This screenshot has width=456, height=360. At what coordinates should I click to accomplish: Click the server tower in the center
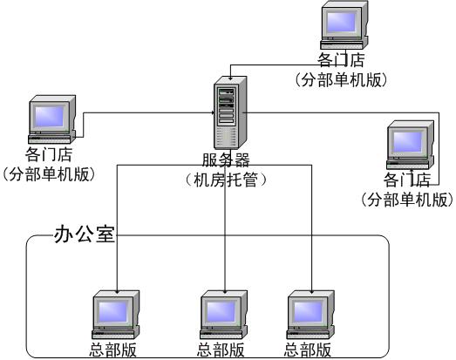[x=230, y=112]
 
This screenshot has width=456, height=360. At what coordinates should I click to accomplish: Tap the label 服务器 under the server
[x=226, y=160]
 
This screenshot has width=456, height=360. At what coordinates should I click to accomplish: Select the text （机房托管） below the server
[x=226, y=180]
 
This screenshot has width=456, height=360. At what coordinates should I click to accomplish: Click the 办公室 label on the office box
[x=84, y=234]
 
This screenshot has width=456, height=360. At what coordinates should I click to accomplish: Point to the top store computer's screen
[x=341, y=22]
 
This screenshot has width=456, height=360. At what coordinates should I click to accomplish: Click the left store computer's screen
[x=49, y=116]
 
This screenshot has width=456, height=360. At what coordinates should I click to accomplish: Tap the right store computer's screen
[x=407, y=142]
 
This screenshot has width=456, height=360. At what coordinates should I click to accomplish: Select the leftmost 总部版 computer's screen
[x=112, y=311]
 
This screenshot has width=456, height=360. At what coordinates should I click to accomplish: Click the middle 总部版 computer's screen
[x=221, y=311]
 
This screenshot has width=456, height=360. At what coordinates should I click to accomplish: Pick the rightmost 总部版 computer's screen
[x=308, y=311]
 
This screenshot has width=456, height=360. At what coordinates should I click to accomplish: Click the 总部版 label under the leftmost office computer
[x=112, y=350]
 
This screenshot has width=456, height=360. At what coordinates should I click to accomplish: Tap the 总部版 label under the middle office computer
[x=221, y=350]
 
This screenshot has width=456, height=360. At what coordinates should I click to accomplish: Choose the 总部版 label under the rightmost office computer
[x=308, y=350]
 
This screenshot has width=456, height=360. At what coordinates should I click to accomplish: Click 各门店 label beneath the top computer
[x=341, y=59]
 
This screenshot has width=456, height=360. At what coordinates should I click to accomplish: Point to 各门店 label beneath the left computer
[x=49, y=154]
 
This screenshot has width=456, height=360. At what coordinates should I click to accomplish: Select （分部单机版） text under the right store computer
[x=407, y=200]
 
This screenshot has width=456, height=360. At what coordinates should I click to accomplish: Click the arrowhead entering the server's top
[x=230, y=78]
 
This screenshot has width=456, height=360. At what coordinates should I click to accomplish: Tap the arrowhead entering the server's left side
[x=213, y=112]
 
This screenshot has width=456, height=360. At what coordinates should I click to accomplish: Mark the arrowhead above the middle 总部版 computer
[x=225, y=291]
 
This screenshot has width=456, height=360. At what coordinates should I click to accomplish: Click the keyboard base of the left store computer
[x=50, y=139]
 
